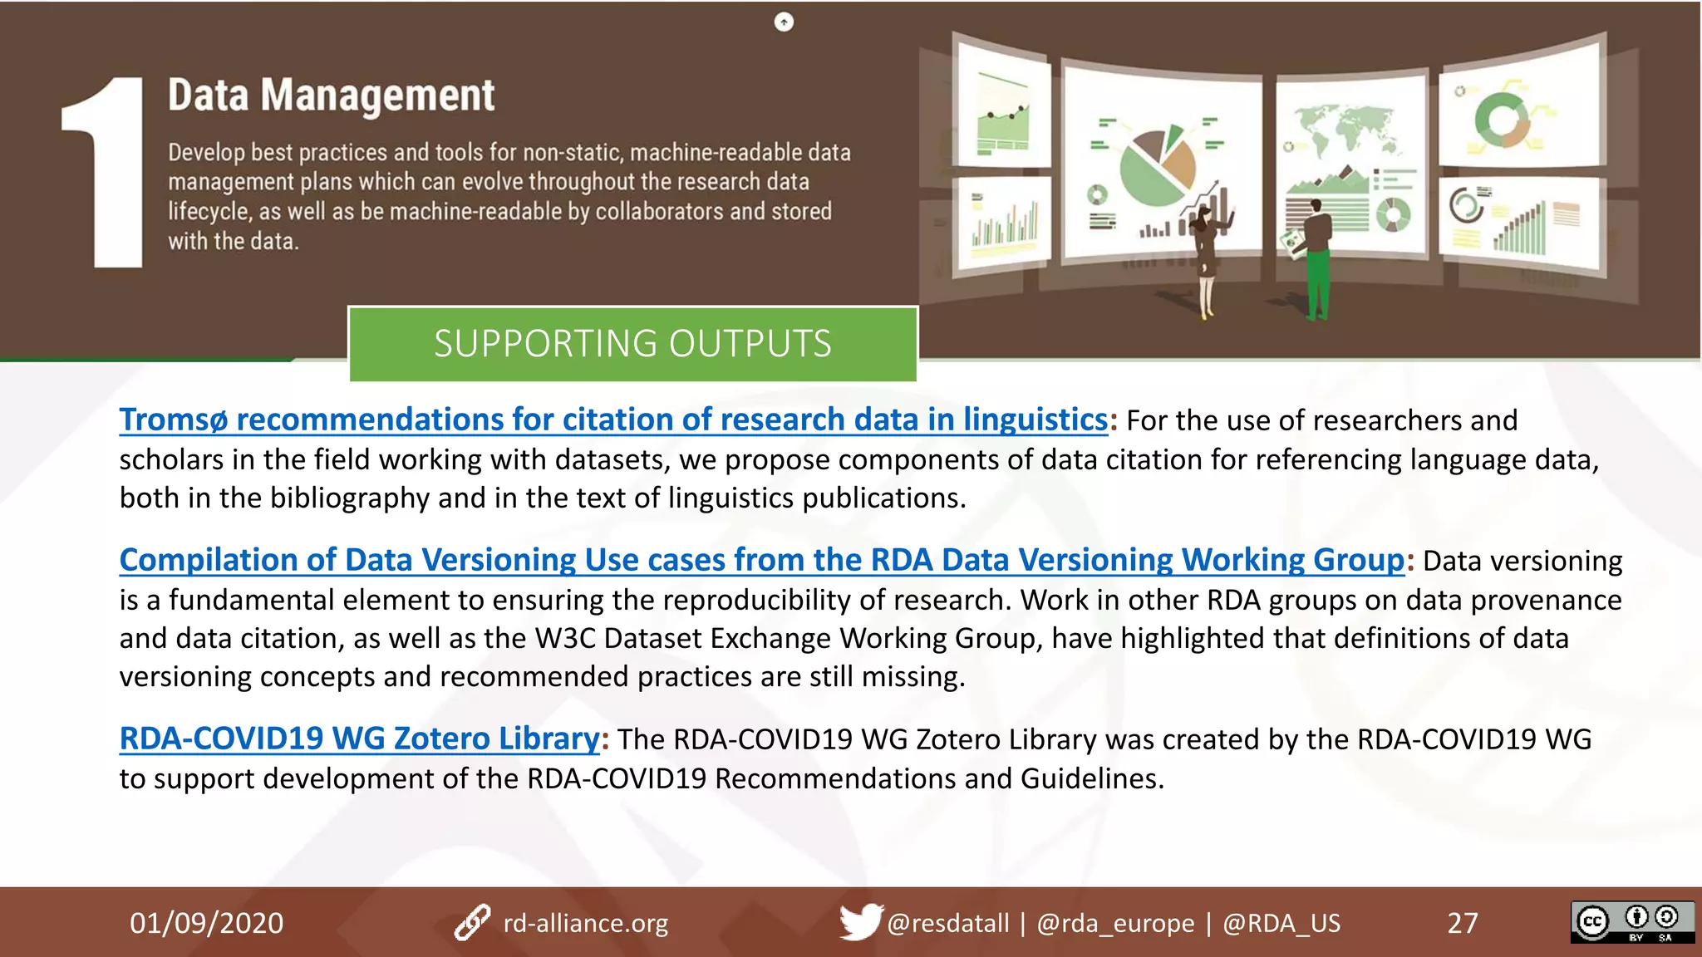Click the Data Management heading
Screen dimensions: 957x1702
(x=331, y=96)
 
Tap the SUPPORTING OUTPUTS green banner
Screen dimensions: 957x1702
(x=632, y=344)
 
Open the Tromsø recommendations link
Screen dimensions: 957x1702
(x=613, y=420)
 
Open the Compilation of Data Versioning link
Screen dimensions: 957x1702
(x=761, y=561)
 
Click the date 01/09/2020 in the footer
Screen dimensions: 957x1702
(x=206, y=923)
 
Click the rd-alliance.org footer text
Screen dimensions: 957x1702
(x=585, y=923)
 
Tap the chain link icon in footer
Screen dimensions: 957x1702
(x=472, y=922)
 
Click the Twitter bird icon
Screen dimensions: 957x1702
(x=859, y=921)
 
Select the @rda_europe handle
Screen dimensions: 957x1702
(x=1115, y=923)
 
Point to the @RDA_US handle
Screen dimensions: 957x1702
(x=1281, y=923)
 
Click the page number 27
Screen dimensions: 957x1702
(x=1463, y=923)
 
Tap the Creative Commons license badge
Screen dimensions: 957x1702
(x=1631, y=921)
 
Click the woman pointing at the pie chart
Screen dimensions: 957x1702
(x=1206, y=258)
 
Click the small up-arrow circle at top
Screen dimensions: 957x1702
(x=784, y=22)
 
